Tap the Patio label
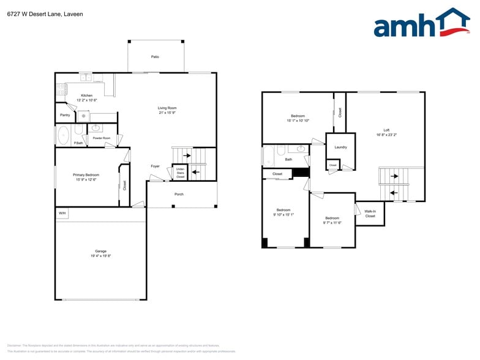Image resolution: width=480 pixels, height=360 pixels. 155,57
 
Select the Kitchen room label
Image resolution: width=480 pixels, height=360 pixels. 87,96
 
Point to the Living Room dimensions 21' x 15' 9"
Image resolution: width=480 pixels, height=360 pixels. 167,113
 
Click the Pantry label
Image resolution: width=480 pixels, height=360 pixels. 65,115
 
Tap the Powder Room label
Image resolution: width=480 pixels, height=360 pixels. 102,138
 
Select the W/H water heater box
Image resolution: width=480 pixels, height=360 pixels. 62,213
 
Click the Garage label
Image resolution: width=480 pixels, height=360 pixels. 100,251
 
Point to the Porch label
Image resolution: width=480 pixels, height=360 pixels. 179,194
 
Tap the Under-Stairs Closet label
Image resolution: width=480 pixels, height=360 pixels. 180,173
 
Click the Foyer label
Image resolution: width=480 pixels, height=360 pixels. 156,166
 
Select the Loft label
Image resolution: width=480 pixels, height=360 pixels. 386,130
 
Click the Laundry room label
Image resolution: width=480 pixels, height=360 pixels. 340,147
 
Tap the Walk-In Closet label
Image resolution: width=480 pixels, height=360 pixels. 370,214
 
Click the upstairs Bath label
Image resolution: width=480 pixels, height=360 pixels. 288,160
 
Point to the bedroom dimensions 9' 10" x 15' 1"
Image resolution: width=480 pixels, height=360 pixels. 283,214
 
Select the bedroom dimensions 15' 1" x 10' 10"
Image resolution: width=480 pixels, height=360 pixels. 298,121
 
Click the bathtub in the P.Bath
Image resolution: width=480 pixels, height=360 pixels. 63,135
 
